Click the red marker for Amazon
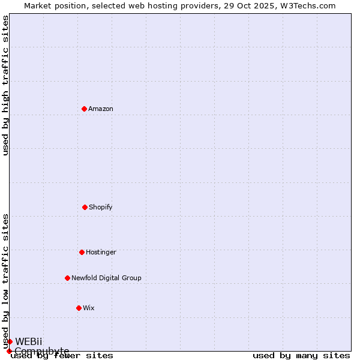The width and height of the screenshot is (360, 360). tap(84, 109)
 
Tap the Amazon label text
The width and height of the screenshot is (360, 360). tap(101, 109)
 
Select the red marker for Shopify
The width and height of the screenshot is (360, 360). tap(85, 207)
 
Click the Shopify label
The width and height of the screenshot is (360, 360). tap(101, 208)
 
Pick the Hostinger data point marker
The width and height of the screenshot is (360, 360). tap(82, 252)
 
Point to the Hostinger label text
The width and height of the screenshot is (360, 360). tap(101, 253)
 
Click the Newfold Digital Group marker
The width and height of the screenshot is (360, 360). tap(67, 278)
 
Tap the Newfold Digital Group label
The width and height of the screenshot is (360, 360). tap(106, 278)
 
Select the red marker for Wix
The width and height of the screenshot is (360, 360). tap(79, 308)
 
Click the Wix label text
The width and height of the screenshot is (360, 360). tap(89, 308)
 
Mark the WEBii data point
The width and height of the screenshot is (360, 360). tap(10, 341)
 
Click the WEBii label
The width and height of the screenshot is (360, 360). tap(29, 341)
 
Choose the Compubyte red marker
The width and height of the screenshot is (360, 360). tap(9, 351)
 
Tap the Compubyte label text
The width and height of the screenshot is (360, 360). tap(42, 351)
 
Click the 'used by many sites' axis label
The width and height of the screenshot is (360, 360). tap(301, 356)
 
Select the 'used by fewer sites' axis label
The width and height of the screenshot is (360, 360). tap(62, 356)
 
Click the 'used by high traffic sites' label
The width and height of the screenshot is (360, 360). tap(6, 85)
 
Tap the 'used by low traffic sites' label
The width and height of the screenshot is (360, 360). tap(6, 281)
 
